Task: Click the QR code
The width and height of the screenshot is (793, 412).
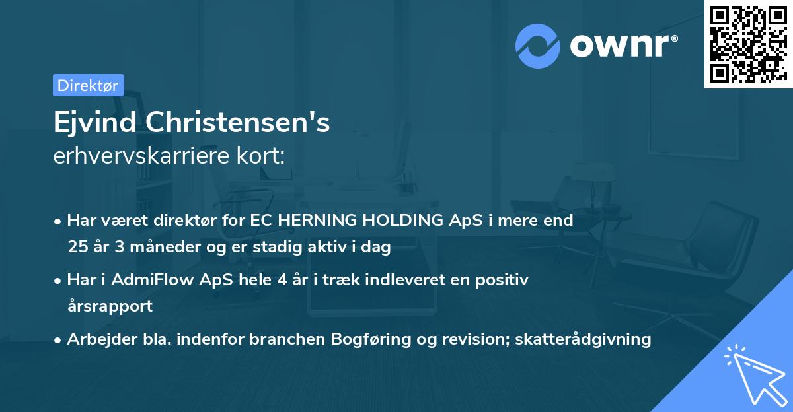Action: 747,44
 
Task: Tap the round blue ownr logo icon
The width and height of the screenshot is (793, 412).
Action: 537,46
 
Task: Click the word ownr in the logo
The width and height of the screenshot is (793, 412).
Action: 621,46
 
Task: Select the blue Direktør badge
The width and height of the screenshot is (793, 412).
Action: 88,85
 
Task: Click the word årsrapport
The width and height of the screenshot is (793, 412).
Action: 110,306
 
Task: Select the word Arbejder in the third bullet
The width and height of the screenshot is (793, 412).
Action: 96,339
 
